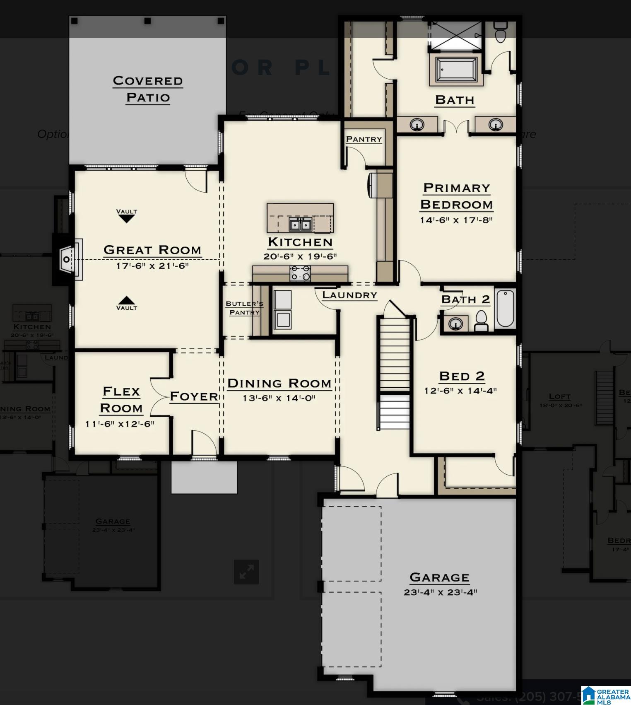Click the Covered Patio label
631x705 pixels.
coord(148,89)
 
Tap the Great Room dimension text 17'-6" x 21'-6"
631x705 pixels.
coord(152,266)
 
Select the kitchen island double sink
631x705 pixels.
coord(300,225)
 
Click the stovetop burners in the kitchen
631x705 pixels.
coord(300,273)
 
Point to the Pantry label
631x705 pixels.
coord(364,139)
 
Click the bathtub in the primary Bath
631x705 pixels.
coord(456,70)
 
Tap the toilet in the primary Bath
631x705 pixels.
coord(501,31)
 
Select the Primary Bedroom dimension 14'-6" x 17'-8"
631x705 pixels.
coord(456,220)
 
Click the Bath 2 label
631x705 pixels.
coord(465,299)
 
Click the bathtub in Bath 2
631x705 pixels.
coord(505,309)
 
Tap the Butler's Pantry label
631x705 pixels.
coord(244,308)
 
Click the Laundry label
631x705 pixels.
coord(350,295)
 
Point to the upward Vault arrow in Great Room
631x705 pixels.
coord(127,300)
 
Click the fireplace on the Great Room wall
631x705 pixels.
coord(67,260)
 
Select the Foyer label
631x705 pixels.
coord(194,396)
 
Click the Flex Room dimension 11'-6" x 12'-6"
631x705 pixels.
coord(120,424)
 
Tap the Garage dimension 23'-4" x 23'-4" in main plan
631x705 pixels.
coord(440,592)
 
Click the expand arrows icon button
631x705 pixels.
coord(246,572)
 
